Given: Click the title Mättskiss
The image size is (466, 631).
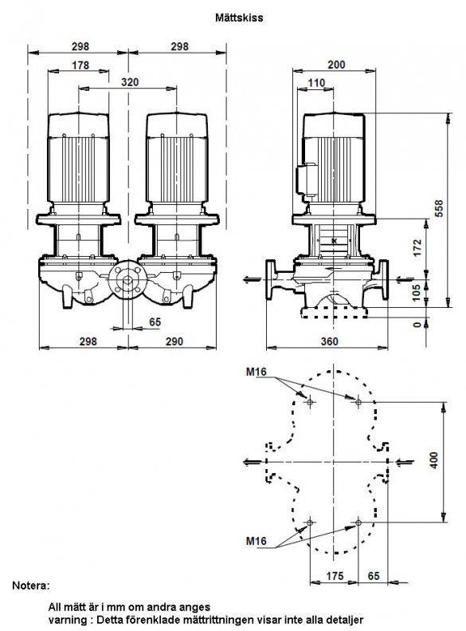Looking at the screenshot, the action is (x=239, y=18).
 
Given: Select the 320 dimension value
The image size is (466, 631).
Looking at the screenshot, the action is (x=130, y=82).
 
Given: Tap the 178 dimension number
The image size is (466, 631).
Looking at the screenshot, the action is (x=80, y=65).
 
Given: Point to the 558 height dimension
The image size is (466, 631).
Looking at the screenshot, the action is (x=439, y=208).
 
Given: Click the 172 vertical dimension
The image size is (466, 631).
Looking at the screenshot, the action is (x=417, y=248).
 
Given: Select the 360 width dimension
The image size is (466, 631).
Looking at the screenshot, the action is (x=330, y=341).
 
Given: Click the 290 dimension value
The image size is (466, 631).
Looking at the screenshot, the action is (x=174, y=341).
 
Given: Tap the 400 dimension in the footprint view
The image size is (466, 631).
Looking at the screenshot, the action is (x=434, y=460).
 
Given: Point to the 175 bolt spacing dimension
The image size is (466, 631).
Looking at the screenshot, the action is (x=335, y=576).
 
